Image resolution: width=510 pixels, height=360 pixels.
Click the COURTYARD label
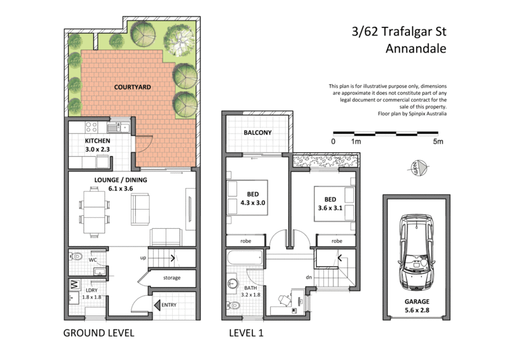[133, 87]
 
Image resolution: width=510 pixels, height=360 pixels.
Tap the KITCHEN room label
[98, 141]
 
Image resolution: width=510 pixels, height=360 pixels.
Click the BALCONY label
[258, 133]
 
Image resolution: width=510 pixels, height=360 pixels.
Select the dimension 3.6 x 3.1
[330, 206]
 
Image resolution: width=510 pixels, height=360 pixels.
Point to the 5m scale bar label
[438, 141]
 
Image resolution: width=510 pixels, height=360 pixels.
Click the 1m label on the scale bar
[355, 141]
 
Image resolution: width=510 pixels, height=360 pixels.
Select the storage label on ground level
[171, 278]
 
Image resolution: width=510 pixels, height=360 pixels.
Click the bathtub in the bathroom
[244, 259]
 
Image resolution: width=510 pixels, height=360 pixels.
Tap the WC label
[92, 260]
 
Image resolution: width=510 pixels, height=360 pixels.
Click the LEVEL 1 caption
[246, 333]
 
